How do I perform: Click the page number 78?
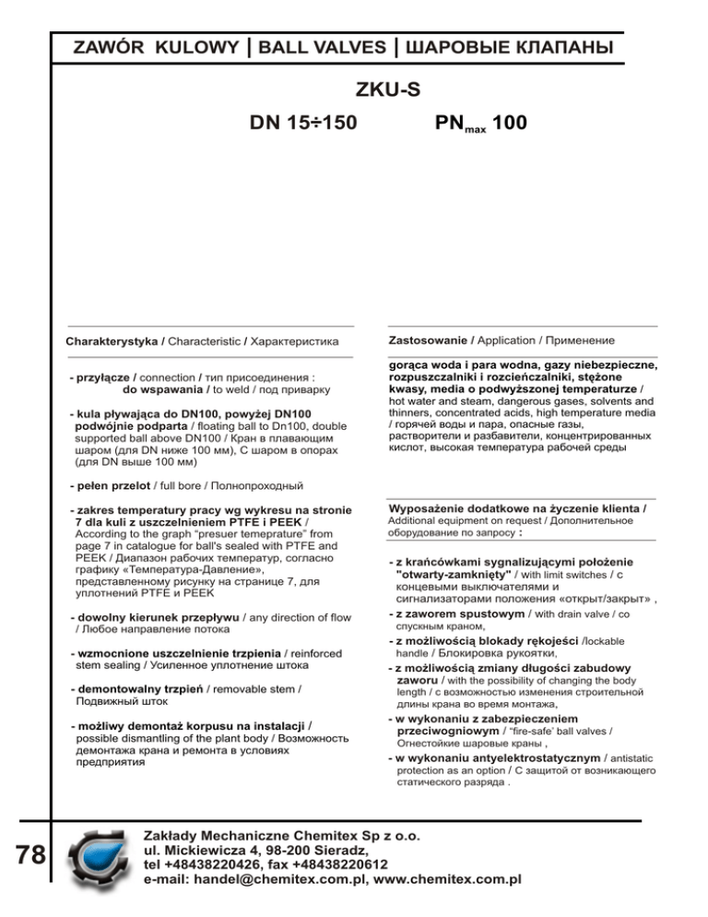click(29, 855)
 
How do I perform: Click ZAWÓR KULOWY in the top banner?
click(154, 45)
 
